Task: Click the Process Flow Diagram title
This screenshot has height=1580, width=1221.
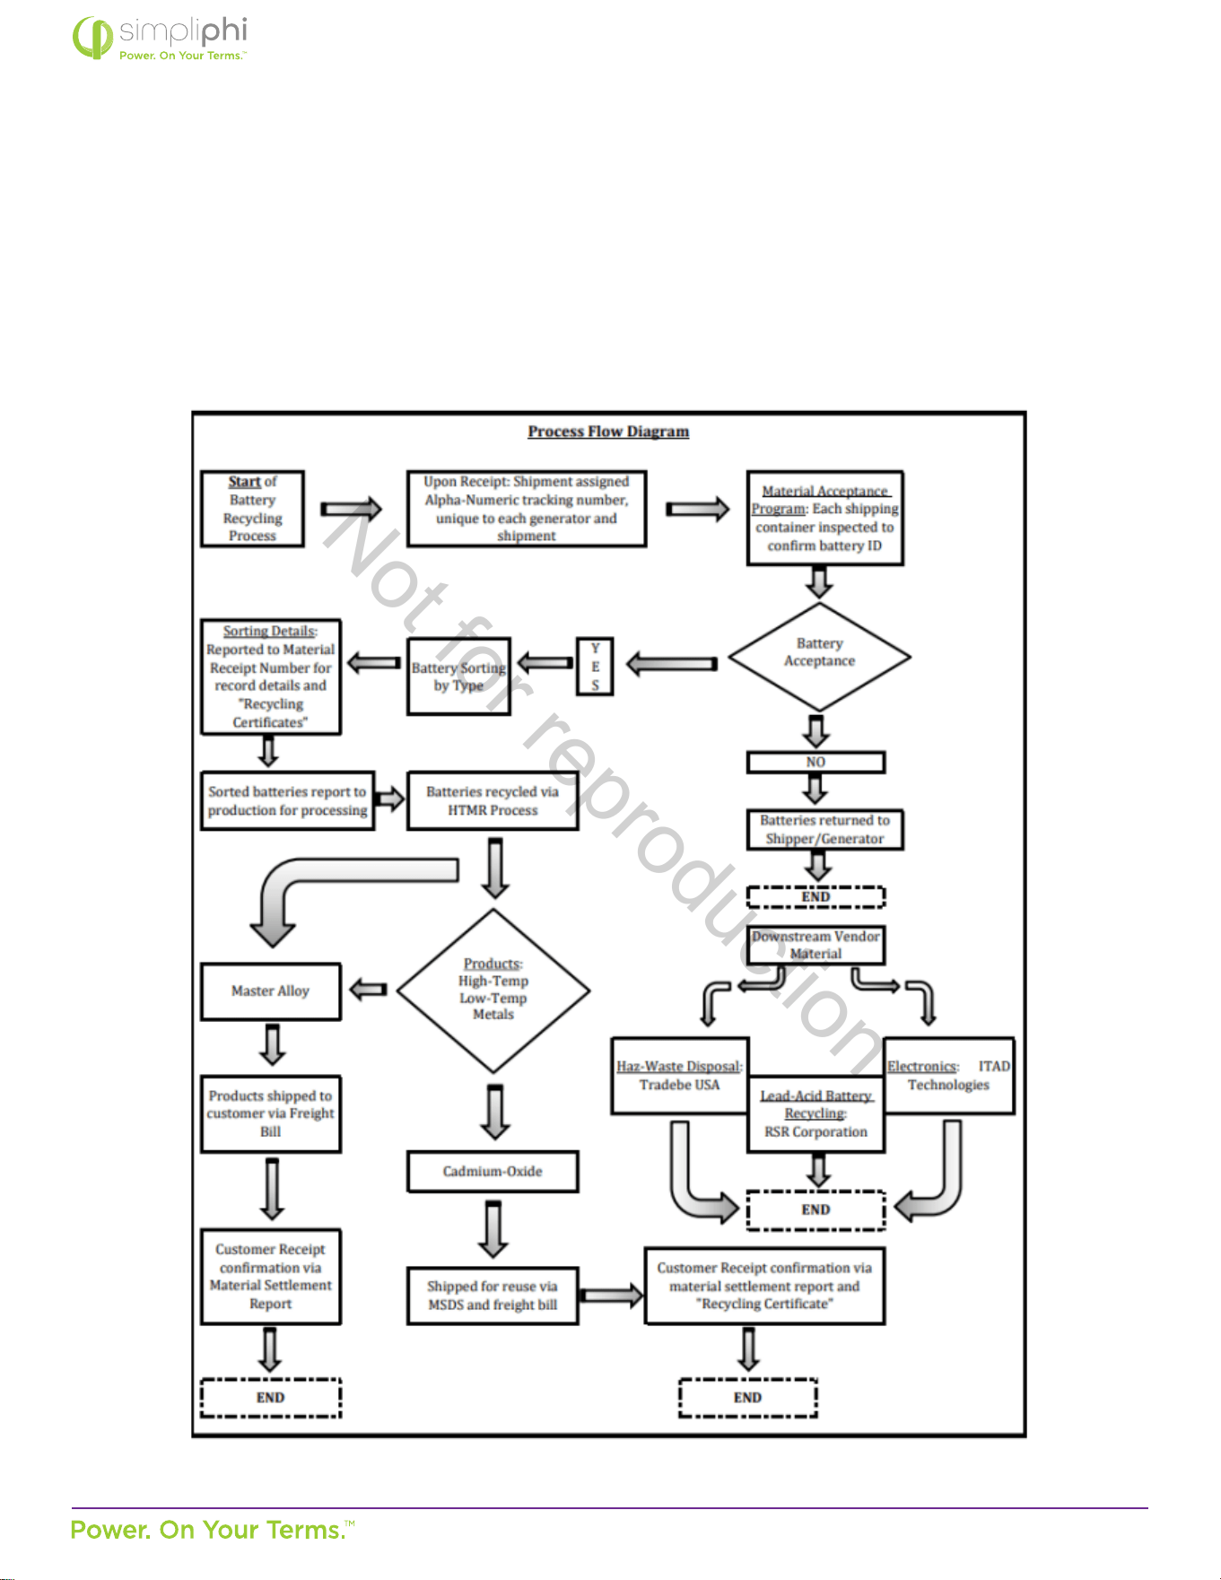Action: (608, 432)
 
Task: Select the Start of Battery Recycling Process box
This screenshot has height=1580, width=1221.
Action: (252, 509)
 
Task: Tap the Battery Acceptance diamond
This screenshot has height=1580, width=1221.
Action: (819, 656)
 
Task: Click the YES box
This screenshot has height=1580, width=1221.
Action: (595, 667)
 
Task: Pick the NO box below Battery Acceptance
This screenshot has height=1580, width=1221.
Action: (815, 762)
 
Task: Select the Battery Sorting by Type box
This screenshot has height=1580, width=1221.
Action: (458, 677)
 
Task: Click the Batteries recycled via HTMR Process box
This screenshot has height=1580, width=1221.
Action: (493, 800)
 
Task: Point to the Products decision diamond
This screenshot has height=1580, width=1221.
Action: (493, 991)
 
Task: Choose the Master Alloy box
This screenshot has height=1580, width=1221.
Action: (271, 991)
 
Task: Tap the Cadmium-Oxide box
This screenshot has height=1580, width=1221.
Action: (493, 1171)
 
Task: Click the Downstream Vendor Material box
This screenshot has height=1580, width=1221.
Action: (815, 945)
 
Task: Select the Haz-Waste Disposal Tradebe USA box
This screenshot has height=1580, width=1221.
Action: (679, 1076)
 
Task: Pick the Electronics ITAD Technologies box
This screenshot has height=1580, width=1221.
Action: (949, 1076)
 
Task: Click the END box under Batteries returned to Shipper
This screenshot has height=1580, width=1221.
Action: (815, 896)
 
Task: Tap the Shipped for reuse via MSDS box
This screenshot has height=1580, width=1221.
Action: (493, 1296)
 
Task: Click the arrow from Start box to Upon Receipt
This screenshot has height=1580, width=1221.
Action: (351, 509)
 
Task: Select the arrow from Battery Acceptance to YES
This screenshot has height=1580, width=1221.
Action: (671, 664)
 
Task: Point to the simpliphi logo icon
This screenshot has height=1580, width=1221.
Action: (92, 38)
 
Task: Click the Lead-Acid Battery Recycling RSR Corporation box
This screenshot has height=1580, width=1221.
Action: (815, 1113)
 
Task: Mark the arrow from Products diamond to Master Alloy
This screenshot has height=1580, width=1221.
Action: (368, 990)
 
